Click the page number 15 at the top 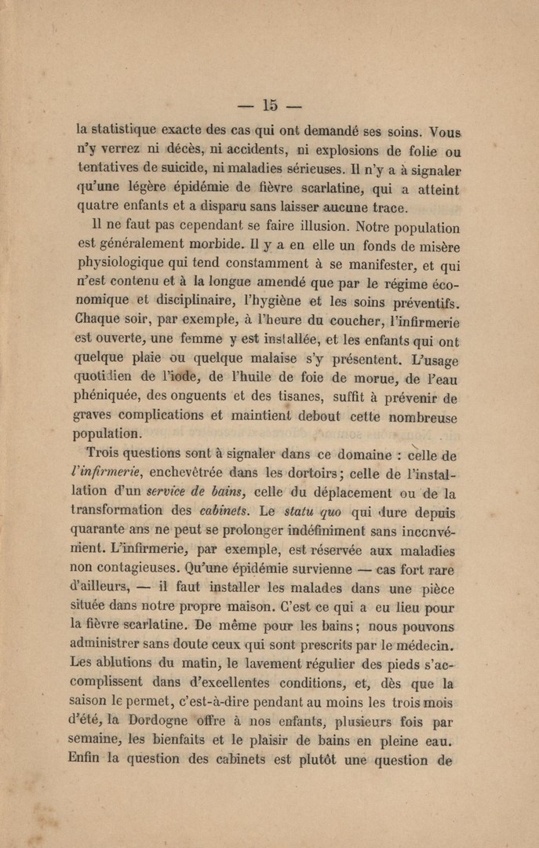coord(271,105)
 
